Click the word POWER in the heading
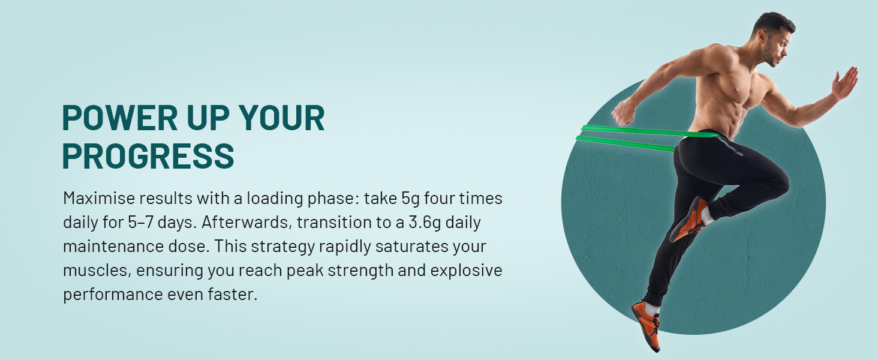click(120, 118)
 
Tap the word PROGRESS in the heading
click(148, 156)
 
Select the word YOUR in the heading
click(282, 118)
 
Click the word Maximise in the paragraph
click(99, 198)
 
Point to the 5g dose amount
click(410, 199)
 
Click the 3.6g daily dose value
click(425, 223)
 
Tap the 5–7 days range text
click(162, 223)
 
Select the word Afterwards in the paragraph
click(247, 223)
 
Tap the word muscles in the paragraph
click(97, 271)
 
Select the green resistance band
click(647, 137)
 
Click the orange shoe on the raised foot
click(689, 220)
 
